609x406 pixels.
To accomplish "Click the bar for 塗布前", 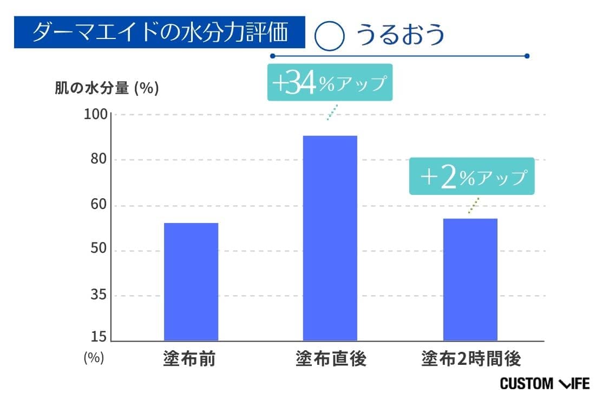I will click(x=191, y=281).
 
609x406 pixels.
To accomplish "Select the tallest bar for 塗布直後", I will click(x=330, y=238).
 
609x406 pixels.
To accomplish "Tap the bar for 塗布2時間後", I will click(x=470, y=279).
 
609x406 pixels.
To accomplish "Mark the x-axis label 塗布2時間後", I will click(x=471, y=359).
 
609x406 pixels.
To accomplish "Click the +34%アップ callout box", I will click(x=329, y=83).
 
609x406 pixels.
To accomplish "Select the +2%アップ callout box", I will click(x=472, y=176).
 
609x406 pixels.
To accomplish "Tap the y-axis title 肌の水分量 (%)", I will click(x=107, y=88).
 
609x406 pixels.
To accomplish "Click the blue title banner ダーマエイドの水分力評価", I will click(x=159, y=32).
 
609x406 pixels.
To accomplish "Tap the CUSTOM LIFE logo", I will click(x=544, y=384).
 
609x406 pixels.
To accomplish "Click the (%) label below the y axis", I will click(x=94, y=358).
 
